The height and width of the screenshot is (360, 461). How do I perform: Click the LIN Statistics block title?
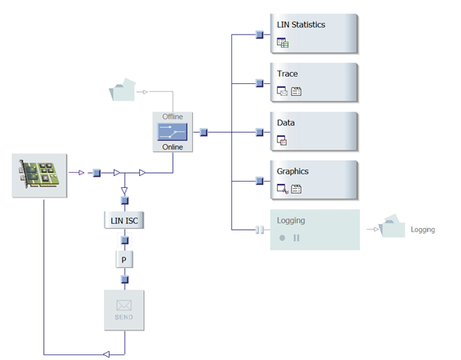pos(300,25)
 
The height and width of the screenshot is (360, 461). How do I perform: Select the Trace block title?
pos(287,74)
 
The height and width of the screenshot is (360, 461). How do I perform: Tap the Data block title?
pos(286,122)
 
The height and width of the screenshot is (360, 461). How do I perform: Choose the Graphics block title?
pos(292,171)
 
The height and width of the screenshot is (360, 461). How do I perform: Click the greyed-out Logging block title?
pos(291,220)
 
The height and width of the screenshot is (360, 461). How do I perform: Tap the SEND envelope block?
pos(124,310)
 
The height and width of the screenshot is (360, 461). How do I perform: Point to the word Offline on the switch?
pos(173,117)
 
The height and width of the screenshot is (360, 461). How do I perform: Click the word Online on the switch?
pos(173,146)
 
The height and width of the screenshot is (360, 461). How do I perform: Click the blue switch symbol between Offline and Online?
pos(173,131)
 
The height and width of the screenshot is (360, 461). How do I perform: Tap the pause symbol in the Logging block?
pos(297,238)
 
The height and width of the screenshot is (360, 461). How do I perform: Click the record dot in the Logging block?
pos(282,238)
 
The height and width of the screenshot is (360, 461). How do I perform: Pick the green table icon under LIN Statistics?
pos(282,43)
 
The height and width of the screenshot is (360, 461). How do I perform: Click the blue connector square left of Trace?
pos(259,83)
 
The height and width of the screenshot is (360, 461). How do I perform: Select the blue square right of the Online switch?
pos(203,132)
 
